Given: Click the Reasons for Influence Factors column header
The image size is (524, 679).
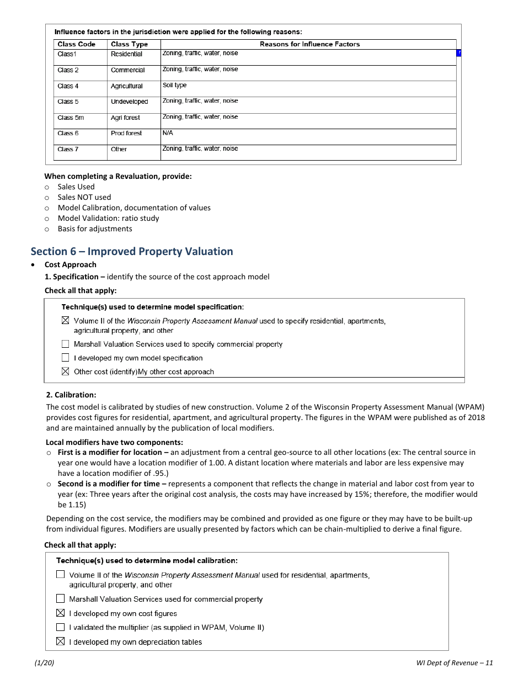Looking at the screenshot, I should tap(309, 44).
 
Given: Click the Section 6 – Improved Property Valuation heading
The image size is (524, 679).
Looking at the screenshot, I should tap(131, 252).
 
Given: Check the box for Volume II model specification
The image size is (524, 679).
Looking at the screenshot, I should tap(66, 321).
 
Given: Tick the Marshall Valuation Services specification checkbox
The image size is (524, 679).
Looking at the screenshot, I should tap(66, 344).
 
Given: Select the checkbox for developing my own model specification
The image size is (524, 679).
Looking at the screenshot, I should tap(66, 358).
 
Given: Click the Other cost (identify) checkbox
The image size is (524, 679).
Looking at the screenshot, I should tap(66, 372).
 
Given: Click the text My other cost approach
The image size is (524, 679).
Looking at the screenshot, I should tap(176, 372).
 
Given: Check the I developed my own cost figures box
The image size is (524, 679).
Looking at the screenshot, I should tap(61, 613).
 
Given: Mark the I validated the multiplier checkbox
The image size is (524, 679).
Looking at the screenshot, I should tap(61, 628).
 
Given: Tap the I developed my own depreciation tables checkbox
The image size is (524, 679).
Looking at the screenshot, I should tap(61, 642).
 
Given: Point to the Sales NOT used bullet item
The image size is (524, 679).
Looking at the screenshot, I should tap(84, 197).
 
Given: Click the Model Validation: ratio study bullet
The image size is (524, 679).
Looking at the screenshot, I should tap(108, 218).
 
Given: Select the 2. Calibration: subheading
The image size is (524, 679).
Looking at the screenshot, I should tap(71, 395).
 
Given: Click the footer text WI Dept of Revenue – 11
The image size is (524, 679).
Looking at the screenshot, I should tap(455, 664).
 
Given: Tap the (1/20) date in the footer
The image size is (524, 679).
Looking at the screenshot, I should tap(44, 664).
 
